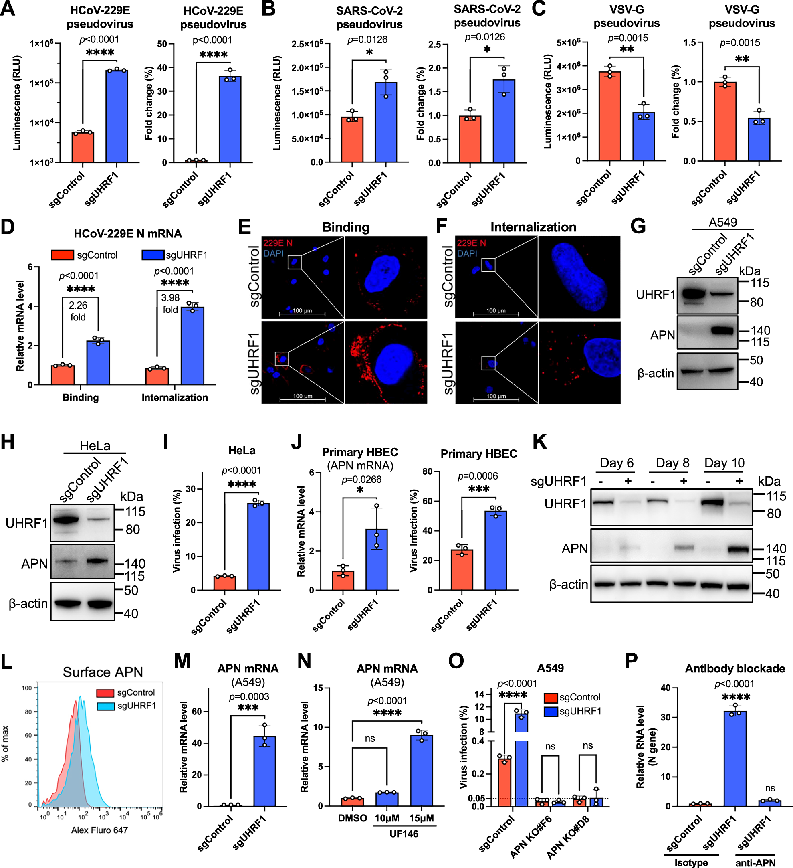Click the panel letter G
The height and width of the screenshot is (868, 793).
tap(638, 226)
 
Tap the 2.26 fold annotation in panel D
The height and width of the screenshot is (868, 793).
tap(78, 311)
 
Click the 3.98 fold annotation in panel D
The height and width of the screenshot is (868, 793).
tap(170, 303)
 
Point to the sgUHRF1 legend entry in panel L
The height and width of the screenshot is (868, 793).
tap(136, 706)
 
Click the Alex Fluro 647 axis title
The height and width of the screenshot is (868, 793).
tap(99, 830)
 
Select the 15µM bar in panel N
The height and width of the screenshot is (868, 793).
tap(421, 770)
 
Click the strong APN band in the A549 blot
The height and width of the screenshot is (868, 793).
tap(722, 331)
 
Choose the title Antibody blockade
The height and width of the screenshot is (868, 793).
tap(734, 668)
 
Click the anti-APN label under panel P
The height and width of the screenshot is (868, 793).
tap(755, 862)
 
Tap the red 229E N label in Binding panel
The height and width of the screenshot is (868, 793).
tap(278, 243)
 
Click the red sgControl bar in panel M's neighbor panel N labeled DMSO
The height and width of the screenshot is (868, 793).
tap(352, 802)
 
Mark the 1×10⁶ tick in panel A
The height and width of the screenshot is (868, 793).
tap(41, 43)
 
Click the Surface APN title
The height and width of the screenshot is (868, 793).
tap(103, 672)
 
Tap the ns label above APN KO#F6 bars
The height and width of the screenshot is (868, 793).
tap(550, 746)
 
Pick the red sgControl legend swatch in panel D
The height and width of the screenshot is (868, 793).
tap(63, 255)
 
